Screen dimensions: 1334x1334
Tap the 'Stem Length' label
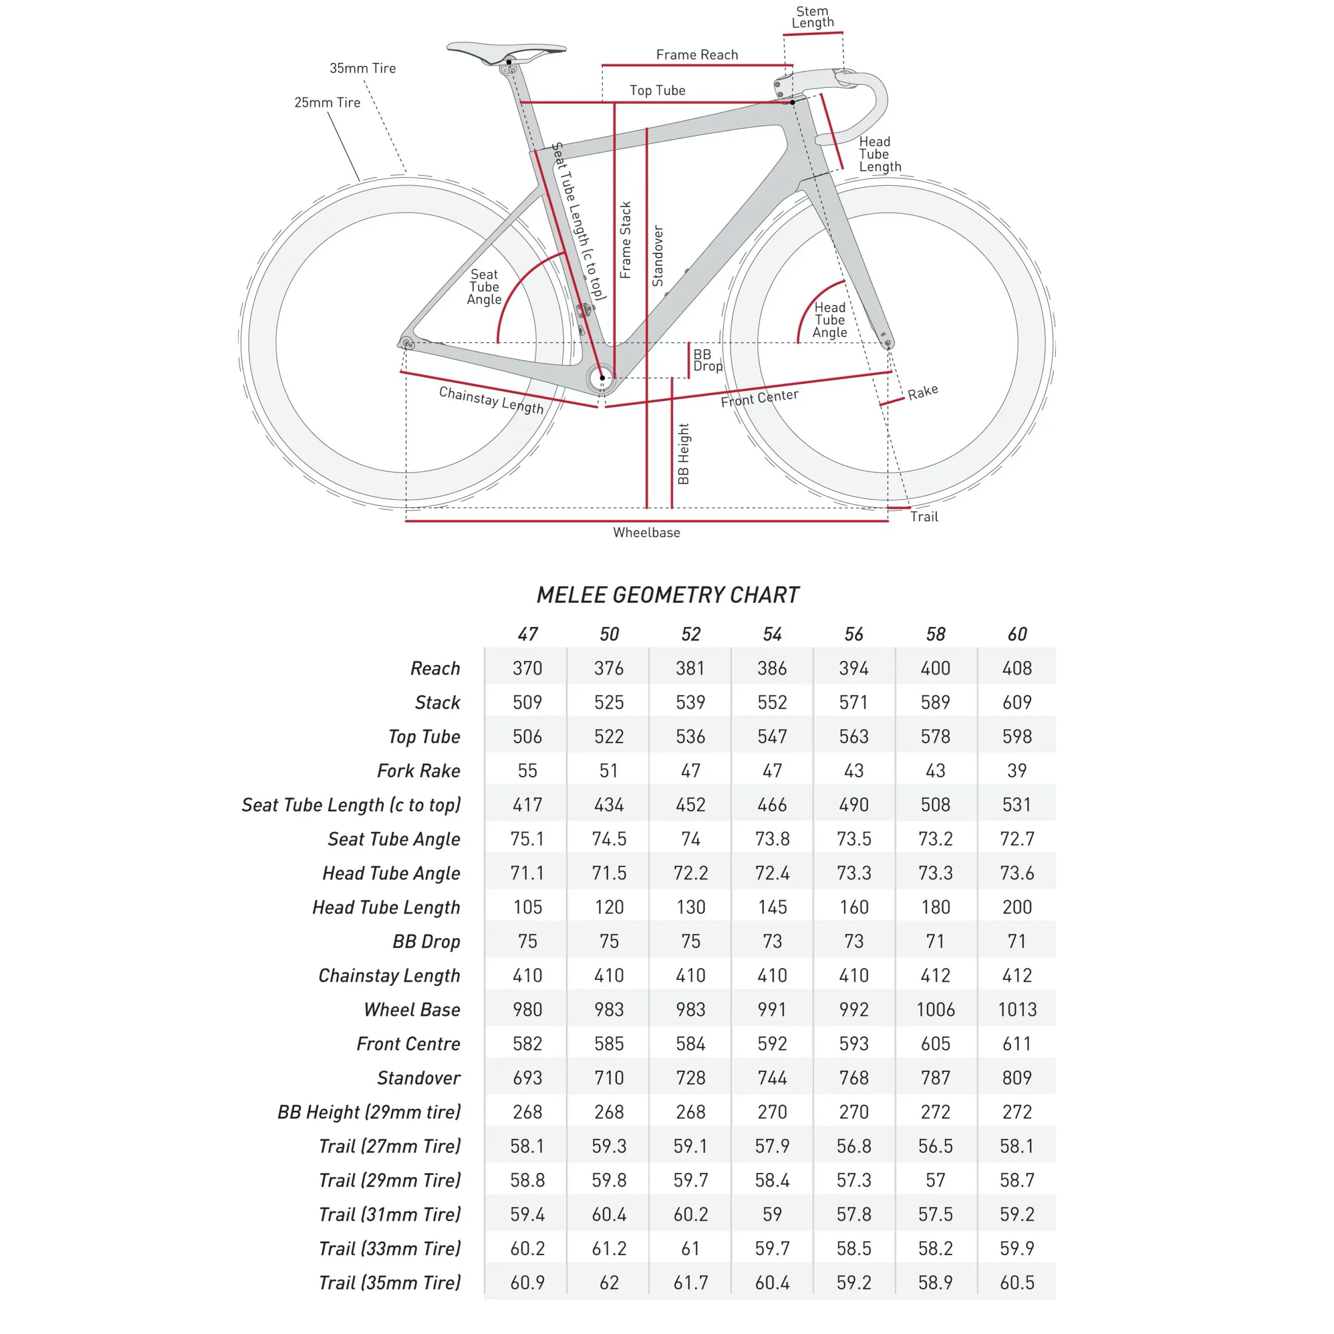813,17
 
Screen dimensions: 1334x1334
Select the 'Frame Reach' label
697,54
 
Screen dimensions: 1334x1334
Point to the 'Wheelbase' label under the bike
646,533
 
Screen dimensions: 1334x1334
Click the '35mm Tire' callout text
363,68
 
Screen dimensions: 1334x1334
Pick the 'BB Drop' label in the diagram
707,360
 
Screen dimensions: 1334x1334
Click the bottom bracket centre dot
602,378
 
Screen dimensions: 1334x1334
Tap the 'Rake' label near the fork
923,392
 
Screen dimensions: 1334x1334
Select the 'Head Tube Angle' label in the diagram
829,320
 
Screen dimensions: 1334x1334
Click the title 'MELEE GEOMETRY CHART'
668,595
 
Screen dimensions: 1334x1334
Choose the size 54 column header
772,634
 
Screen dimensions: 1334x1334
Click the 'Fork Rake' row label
419,771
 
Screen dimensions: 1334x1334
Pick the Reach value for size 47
527,669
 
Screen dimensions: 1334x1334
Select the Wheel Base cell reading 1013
1016,1009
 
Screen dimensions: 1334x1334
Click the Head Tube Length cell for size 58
935,907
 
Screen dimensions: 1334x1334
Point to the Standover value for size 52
691,1078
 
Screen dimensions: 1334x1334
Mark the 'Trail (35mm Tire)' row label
389,1283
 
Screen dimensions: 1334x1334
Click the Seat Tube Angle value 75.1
527,839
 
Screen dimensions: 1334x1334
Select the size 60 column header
1016,634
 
